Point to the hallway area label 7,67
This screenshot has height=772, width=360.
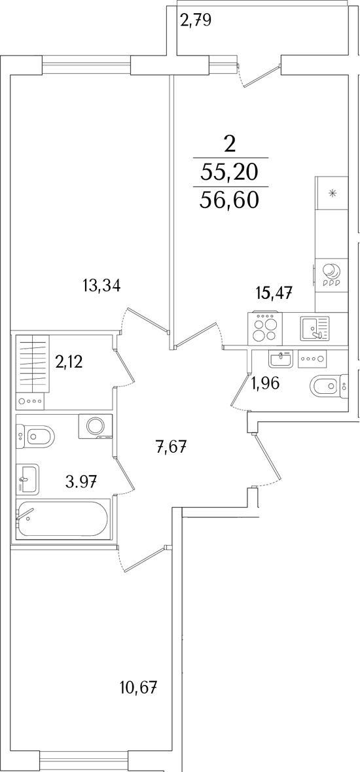pyautogui.click(x=172, y=448)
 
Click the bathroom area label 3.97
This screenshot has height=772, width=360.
pyautogui.click(x=81, y=480)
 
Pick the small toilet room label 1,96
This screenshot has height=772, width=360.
pyautogui.click(x=266, y=383)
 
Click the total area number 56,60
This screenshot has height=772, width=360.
pyautogui.click(x=230, y=200)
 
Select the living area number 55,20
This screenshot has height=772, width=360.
pyautogui.click(x=230, y=172)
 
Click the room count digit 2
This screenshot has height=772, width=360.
pyautogui.click(x=230, y=144)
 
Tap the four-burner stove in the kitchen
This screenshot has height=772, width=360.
pyautogui.click(x=267, y=326)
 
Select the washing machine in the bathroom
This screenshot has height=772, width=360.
pyautogui.click(x=95, y=426)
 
